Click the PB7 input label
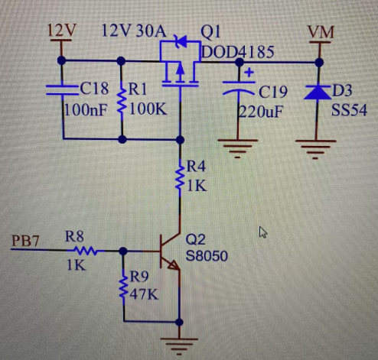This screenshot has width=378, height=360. (x=25, y=241)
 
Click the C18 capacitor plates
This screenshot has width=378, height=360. (x=62, y=90)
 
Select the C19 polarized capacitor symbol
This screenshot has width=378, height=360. (x=239, y=87)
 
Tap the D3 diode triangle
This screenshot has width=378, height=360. (x=318, y=92)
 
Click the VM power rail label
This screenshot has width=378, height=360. (x=321, y=32)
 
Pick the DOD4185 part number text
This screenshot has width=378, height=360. (x=238, y=52)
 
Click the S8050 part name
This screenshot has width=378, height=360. (x=207, y=256)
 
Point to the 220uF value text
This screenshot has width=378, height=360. (x=261, y=112)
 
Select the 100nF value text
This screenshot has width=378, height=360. (x=86, y=111)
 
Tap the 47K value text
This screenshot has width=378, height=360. (x=144, y=295)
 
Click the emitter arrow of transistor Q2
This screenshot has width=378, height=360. (x=174, y=265)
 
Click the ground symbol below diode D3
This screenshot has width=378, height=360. (x=315, y=149)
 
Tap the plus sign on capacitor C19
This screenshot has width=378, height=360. (x=249, y=73)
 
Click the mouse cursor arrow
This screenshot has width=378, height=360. (x=263, y=232)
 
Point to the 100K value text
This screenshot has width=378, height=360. (x=148, y=110)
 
